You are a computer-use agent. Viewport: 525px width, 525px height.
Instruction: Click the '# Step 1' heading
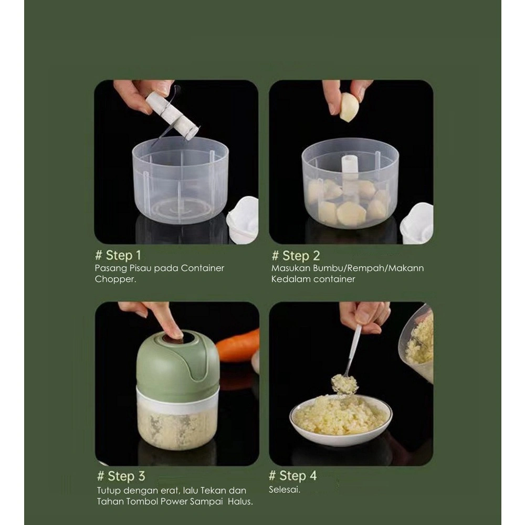118,256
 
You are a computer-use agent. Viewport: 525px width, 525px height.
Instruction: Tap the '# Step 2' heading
296,256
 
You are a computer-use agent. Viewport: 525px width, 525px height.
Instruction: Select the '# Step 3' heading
121,476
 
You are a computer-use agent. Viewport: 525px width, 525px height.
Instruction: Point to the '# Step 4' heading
293,476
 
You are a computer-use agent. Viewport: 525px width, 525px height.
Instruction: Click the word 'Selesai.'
285,489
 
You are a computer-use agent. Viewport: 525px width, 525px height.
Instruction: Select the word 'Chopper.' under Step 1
115,279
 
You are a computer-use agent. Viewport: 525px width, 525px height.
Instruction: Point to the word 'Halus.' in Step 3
240,501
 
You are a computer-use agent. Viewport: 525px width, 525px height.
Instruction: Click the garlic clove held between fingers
349,108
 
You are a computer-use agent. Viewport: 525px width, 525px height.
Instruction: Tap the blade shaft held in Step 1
171,115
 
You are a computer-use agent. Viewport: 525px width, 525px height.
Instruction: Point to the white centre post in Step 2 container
350,175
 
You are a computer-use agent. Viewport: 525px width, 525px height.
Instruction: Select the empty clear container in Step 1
181,180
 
